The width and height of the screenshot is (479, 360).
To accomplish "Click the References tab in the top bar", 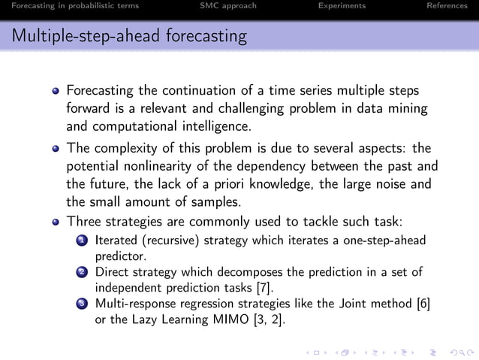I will [447, 6].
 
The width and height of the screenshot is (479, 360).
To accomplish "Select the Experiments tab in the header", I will [342, 6].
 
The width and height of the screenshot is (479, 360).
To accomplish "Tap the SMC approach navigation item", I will [228, 6].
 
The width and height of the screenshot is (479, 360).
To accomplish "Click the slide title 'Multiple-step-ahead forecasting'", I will [130, 35].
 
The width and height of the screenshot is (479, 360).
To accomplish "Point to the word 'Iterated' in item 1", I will [116, 241].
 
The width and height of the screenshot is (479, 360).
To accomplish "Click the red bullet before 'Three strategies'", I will [56, 222].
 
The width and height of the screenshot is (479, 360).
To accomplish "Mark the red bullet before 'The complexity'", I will [56, 148].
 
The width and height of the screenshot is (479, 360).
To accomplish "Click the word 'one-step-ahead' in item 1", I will [383, 241].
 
